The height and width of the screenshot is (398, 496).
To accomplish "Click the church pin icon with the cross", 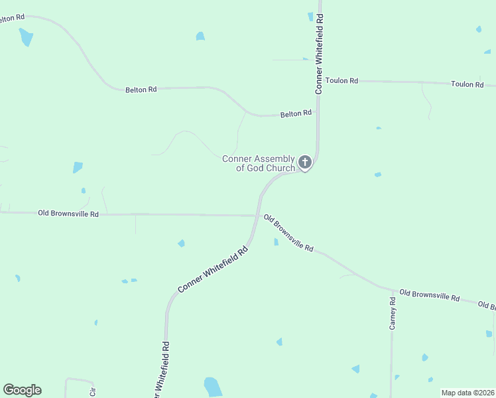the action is pyautogui.click(x=305, y=162).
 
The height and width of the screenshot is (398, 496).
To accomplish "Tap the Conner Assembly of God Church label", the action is pyautogui.click(x=259, y=163).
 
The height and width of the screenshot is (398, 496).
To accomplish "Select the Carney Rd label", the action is pyautogui.click(x=393, y=314).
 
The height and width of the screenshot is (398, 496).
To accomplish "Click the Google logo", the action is pyautogui.click(x=22, y=390).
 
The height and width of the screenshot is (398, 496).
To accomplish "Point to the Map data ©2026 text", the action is pyautogui.click(x=467, y=393).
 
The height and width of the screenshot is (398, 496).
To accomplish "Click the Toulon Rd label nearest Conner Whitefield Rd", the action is pyautogui.click(x=341, y=81).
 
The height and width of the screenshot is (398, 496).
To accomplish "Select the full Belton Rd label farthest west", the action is pyautogui.click(x=141, y=89).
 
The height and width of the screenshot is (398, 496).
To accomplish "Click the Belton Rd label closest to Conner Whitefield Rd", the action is pyautogui.click(x=296, y=114).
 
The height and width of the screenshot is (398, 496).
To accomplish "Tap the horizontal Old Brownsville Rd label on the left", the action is pyautogui.click(x=68, y=214).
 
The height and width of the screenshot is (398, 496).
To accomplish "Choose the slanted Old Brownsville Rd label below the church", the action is pyautogui.click(x=288, y=232).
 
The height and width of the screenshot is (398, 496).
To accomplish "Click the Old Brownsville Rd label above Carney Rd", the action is pyautogui.click(x=429, y=296).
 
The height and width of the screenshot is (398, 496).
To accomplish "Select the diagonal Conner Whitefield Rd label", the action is pyautogui.click(x=213, y=269).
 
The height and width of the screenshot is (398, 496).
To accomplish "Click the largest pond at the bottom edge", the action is pyautogui.click(x=212, y=386).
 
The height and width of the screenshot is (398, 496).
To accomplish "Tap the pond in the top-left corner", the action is pyautogui.click(x=26, y=37).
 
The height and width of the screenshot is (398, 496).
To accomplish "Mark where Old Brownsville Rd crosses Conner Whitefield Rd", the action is pyautogui.click(x=257, y=215).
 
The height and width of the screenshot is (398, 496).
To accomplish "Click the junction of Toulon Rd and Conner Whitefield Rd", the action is pyautogui.click(x=319, y=80).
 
